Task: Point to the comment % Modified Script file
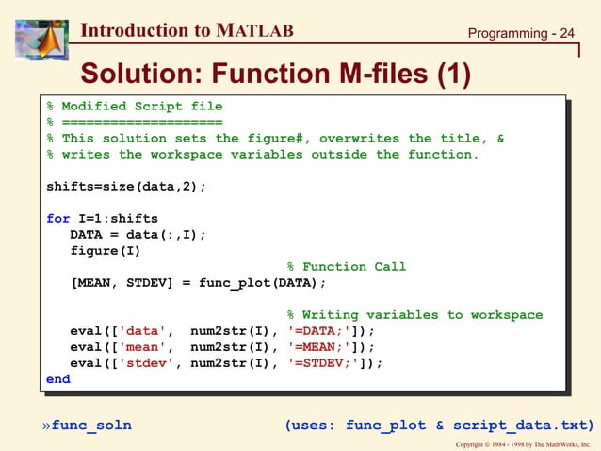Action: pos(135,106)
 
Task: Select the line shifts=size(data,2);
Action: pos(126,186)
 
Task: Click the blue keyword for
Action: pos(57,218)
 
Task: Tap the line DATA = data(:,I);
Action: pos(138,234)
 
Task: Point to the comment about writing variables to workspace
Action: pos(415,314)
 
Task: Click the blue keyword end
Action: pos(57,378)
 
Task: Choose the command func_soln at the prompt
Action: pos(91,425)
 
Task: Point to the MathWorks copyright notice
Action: pos(522,443)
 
